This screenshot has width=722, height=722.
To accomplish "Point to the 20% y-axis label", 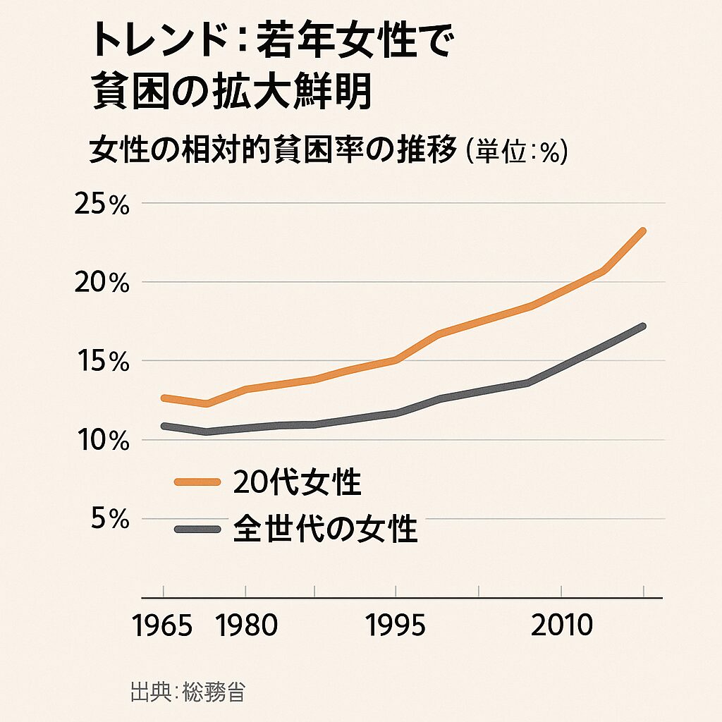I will (102, 283).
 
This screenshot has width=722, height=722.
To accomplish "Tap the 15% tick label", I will (102, 362).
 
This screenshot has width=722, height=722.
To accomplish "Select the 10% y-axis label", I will (102, 441).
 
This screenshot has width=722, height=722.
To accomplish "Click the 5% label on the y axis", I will (109, 520).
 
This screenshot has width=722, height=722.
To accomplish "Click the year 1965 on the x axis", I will (163, 625).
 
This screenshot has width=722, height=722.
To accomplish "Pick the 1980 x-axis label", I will (246, 625).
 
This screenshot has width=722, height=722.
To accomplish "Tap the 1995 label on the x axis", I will (396, 625).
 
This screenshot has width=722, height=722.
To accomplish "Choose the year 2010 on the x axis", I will (561, 625).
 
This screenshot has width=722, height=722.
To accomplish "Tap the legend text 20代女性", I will (296, 483).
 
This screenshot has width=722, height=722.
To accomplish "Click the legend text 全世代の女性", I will (324, 529).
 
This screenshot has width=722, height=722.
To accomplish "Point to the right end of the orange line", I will (642, 231).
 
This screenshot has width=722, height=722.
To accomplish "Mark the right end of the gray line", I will (642, 326).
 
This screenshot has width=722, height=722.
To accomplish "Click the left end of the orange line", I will (164, 398).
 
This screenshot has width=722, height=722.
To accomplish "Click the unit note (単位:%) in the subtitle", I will (516, 152).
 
